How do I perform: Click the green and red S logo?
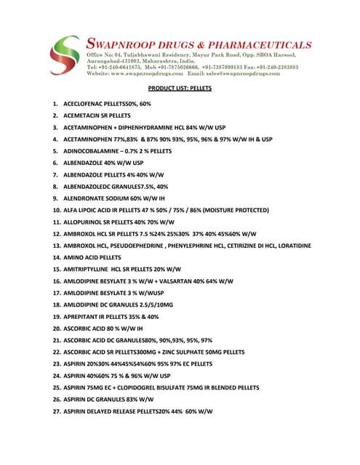coord(65,56)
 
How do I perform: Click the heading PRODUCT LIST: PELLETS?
coord(180,89)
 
